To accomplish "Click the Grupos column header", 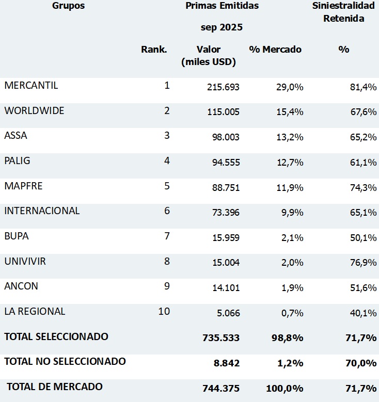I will (68, 6).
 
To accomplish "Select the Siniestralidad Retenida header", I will (344, 12).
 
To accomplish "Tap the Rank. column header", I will (154, 50).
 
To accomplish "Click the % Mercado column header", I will (275, 50).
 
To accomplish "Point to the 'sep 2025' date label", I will (222, 27).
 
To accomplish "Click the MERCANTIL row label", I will (31, 86).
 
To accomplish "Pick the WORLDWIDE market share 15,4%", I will (290, 112).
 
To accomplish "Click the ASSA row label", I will (15, 136).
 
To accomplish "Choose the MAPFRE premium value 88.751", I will (226, 187).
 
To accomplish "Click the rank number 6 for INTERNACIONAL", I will (167, 211).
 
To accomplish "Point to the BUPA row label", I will (17, 236).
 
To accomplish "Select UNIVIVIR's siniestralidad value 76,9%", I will (363, 263).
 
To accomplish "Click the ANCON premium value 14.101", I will (226, 288).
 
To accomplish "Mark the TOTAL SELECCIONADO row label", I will (56, 336).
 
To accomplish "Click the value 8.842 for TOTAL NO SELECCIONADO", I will (226, 363).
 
